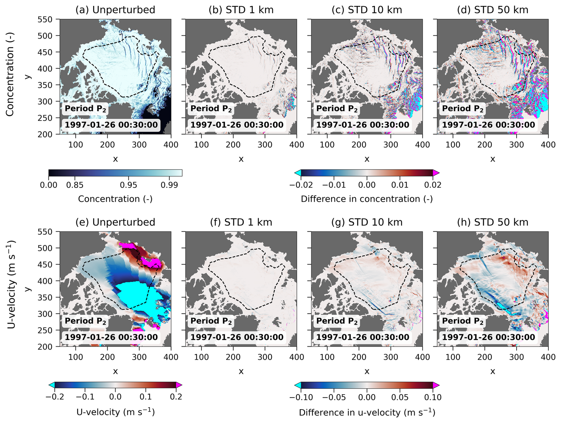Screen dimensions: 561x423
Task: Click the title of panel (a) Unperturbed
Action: [115, 10]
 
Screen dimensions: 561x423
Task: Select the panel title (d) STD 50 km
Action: [493, 10]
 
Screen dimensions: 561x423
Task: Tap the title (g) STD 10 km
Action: [367, 222]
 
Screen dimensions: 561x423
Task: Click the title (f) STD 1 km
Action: [241, 222]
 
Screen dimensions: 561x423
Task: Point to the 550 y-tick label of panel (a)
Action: [45, 20]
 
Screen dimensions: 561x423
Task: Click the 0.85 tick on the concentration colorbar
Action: [75, 185]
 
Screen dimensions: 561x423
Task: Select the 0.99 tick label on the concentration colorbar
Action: [169, 185]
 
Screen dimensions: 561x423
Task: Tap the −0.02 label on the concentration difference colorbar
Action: [301, 185]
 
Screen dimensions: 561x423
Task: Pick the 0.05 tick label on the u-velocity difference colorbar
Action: [400, 397]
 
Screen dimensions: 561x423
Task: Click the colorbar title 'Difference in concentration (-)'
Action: [367, 199]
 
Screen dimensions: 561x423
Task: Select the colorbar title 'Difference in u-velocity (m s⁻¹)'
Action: [367, 412]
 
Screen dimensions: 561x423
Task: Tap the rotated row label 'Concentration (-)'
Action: [10, 74]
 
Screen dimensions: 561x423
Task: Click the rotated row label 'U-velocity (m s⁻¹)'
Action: [11, 284]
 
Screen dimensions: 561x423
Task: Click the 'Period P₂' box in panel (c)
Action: [337, 109]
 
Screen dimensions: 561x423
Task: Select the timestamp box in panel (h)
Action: [488, 337]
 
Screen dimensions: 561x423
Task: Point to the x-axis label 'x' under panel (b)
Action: [241, 159]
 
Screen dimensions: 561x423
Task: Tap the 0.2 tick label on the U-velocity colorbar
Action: [176, 397]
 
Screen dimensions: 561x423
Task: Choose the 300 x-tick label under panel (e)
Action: [139, 357]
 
